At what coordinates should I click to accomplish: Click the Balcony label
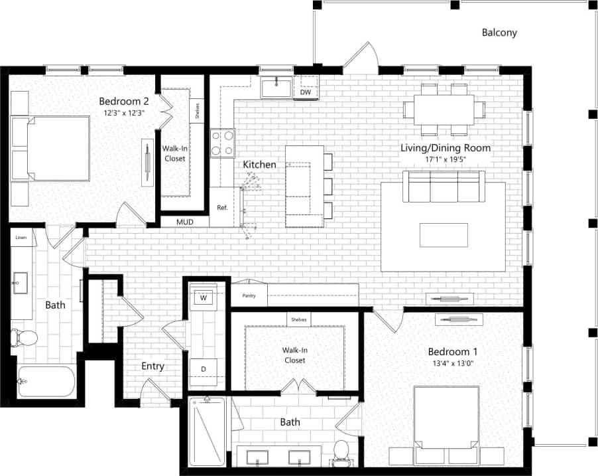[499, 32]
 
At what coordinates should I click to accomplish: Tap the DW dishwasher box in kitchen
[306, 92]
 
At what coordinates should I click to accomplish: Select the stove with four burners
[223, 143]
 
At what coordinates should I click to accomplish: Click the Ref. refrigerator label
[222, 208]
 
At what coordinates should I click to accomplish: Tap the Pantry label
[249, 296]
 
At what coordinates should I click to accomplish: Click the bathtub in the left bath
[47, 382]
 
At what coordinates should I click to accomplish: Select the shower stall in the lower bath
[207, 432]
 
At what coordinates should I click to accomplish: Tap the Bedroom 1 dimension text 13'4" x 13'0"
[453, 363]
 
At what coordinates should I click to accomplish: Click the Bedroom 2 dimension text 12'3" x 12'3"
[123, 114]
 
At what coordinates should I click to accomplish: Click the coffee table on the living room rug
[444, 235]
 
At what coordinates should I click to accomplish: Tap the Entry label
[152, 366]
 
